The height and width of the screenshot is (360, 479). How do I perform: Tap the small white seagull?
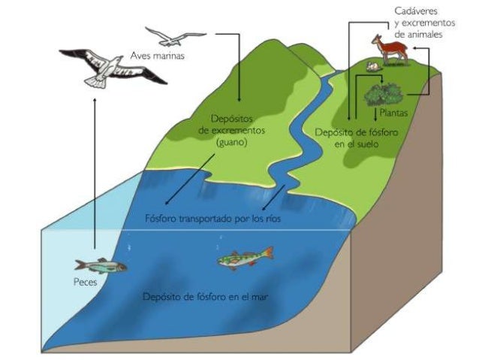point(174,36)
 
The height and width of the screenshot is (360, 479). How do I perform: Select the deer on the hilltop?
point(390,50)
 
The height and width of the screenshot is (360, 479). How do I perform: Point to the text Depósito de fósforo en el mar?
point(206,296)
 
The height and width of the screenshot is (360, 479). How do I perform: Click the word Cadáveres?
point(416,11)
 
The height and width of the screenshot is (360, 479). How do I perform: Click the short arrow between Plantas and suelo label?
point(375,113)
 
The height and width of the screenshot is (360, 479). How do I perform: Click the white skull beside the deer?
point(369,67)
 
